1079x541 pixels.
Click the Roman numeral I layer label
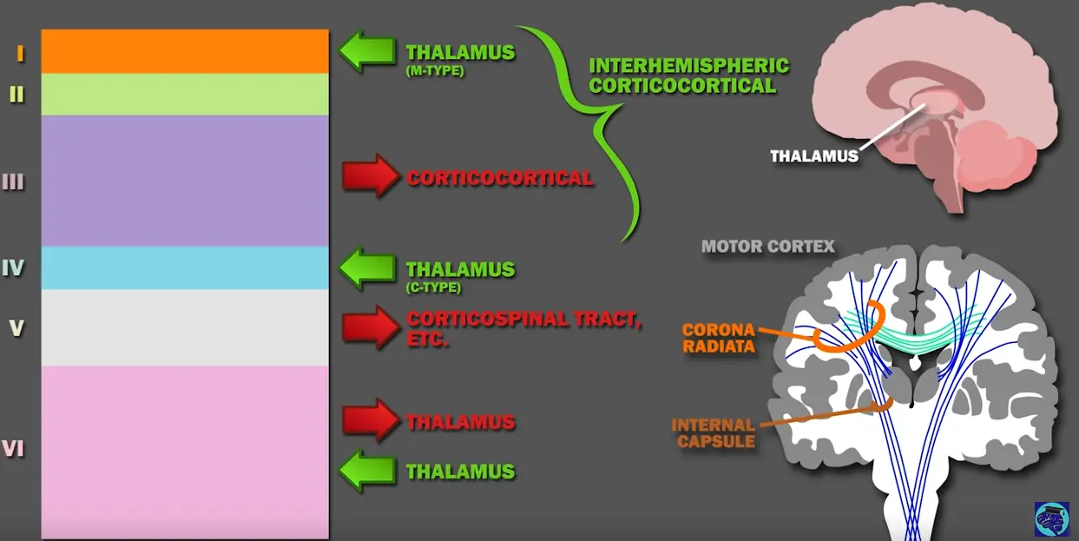[x=19, y=54]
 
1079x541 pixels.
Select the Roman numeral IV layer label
[x=12, y=267]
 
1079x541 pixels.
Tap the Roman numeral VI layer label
[x=12, y=449]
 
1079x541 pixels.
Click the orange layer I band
[x=185, y=51]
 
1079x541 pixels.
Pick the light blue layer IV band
[x=185, y=267]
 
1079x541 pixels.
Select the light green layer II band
[x=185, y=94]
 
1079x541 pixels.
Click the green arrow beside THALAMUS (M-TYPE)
[x=366, y=52]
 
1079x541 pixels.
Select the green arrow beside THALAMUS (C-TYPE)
[x=366, y=268]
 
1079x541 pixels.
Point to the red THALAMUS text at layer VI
[x=461, y=423]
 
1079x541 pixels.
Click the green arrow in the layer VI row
[x=366, y=472]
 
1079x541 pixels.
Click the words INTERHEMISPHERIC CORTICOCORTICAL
[x=688, y=76]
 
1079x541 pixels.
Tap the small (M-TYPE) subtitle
[x=435, y=71]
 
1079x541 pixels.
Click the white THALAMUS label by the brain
[x=814, y=156]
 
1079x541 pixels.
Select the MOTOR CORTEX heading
[x=767, y=247]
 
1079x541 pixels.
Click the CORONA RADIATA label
[x=717, y=338]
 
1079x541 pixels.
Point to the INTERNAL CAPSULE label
[x=714, y=432]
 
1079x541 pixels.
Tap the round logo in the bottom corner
[x=1051, y=518]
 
